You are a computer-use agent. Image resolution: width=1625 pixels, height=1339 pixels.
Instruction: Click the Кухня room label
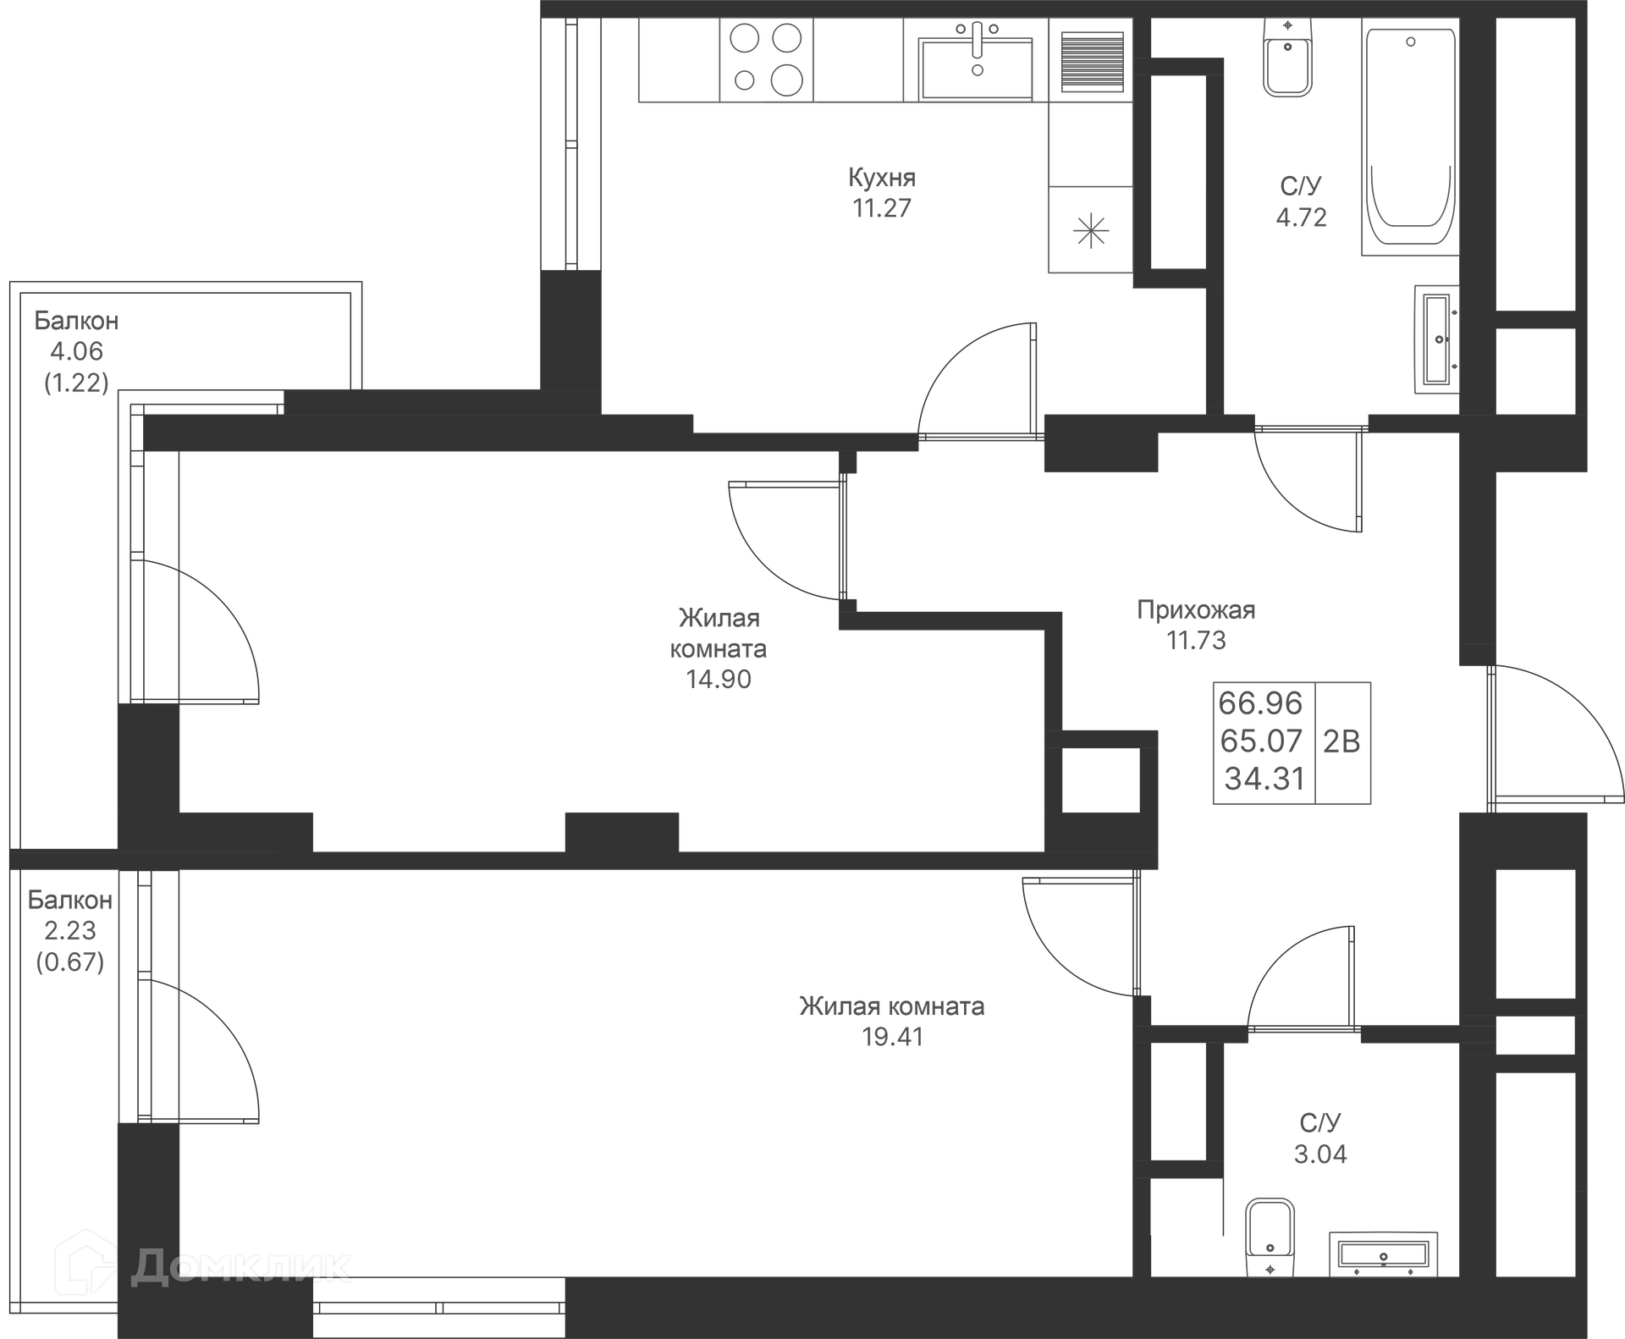coord(882,178)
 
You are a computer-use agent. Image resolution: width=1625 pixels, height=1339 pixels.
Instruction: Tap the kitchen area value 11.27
coord(882,208)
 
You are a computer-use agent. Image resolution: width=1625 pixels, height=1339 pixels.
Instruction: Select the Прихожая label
coord(1196,610)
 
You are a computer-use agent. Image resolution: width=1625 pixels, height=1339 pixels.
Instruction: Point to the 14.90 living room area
coord(719,680)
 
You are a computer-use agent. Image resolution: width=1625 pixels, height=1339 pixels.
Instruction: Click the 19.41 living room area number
coord(892,1037)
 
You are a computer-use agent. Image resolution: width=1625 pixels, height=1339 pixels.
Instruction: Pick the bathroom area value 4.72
coord(1301,218)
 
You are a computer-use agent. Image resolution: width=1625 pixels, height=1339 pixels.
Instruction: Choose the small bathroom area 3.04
coord(1320,1154)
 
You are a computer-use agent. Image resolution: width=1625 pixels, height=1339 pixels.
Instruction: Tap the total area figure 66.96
coord(1260,703)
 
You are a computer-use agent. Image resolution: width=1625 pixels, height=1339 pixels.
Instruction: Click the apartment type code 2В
coord(1341,742)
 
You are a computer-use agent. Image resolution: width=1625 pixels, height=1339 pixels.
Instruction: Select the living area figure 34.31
coord(1264,780)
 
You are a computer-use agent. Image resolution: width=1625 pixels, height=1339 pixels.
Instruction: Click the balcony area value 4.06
coord(76,351)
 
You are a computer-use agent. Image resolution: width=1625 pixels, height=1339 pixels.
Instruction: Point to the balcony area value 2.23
coord(70,931)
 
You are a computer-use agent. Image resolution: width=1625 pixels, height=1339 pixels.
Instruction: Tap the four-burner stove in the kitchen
coord(766,60)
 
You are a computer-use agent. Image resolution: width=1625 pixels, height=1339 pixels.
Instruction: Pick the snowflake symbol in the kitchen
coord(1090,230)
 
